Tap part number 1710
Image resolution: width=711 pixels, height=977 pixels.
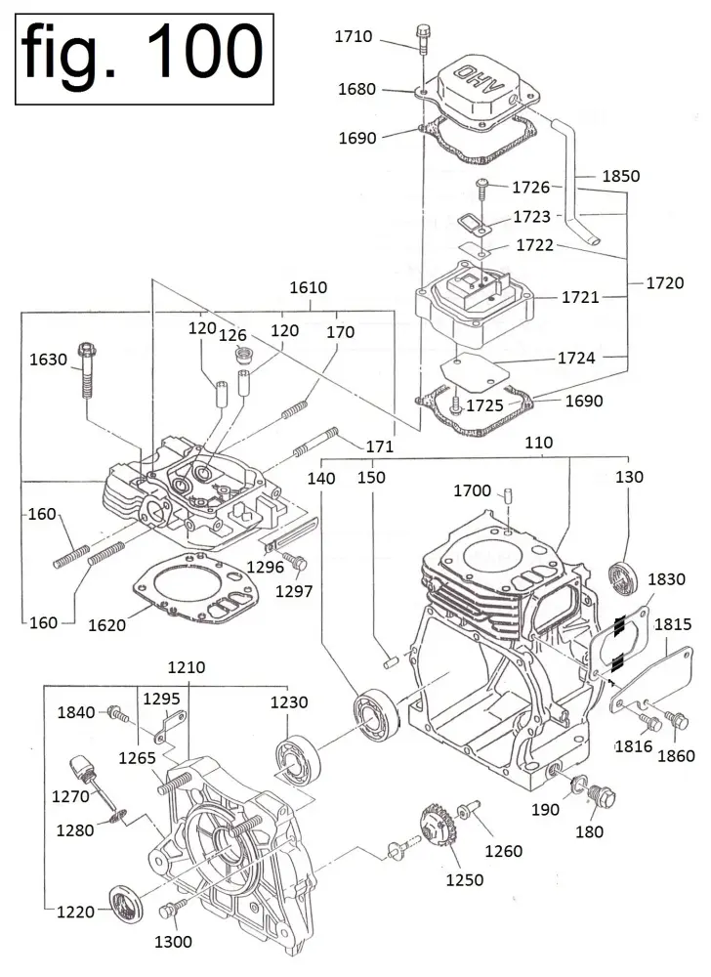click(x=353, y=37)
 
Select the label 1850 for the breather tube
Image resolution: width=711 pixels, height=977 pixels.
click(x=621, y=177)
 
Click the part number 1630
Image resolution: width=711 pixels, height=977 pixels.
click(x=48, y=360)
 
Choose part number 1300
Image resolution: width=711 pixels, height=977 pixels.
click(x=173, y=942)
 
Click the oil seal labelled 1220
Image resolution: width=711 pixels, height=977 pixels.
click(x=124, y=901)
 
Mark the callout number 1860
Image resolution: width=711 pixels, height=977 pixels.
click(x=676, y=755)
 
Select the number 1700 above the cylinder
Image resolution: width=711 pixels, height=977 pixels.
click(x=472, y=490)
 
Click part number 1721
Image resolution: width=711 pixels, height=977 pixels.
click(x=580, y=296)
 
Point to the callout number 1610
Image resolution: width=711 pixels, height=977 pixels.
click(x=309, y=288)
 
